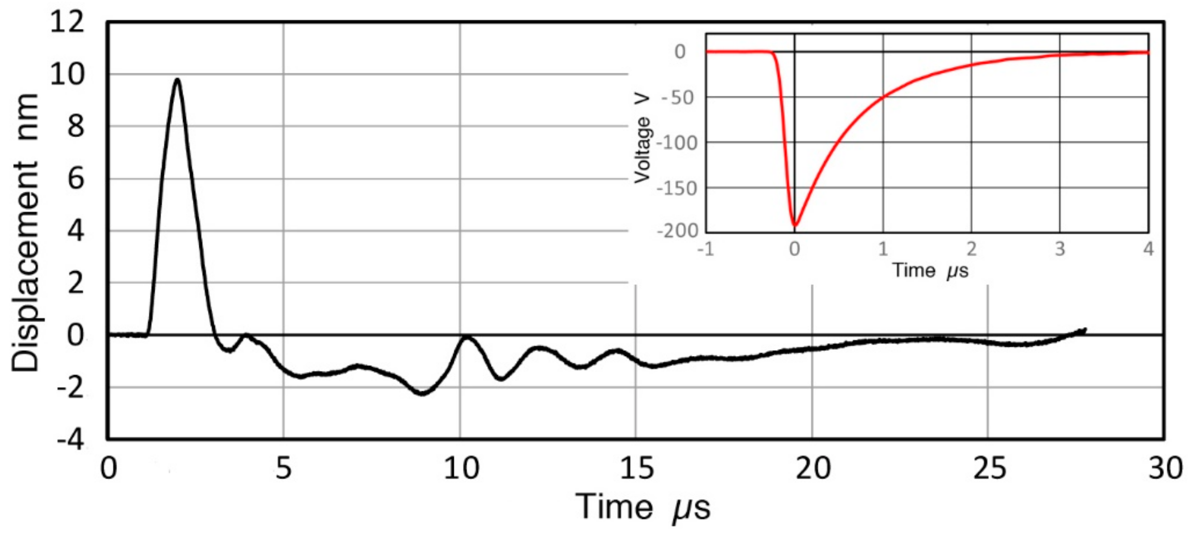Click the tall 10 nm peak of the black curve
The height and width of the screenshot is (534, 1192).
click(x=177, y=80)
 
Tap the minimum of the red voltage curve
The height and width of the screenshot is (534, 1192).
click(x=795, y=226)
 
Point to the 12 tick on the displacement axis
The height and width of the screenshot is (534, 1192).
click(x=67, y=23)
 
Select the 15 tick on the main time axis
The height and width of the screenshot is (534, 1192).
click(x=636, y=469)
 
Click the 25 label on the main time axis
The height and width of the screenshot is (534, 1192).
click(x=989, y=469)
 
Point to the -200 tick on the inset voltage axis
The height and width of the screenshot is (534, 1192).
click(x=677, y=231)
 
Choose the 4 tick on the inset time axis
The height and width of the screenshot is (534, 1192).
click(x=1149, y=249)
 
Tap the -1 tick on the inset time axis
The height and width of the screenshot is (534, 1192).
click(x=706, y=249)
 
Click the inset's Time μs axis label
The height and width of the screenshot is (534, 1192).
click(x=930, y=271)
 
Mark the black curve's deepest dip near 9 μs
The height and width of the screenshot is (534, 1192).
click(x=423, y=394)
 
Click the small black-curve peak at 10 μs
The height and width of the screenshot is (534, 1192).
click(x=467, y=337)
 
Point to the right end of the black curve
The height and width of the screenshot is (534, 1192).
click(x=1085, y=329)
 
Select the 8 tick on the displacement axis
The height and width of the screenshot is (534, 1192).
click(x=76, y=126)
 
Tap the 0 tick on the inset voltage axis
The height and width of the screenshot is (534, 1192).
click(x=680, y=52)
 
